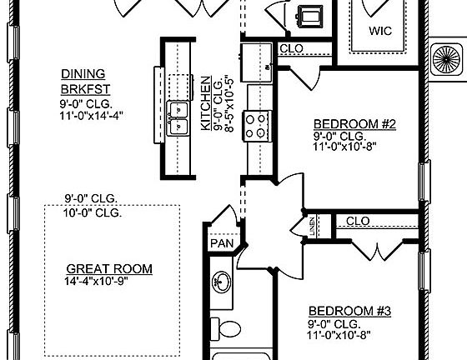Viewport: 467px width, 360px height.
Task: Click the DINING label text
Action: coord(80,72)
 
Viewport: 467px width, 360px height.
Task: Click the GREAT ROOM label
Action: coord(109,268)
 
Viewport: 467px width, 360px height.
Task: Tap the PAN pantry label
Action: coord(220,244)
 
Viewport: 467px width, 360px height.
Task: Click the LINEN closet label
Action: coord(312,225)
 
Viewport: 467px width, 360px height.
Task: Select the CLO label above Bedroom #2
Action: coord(291,49)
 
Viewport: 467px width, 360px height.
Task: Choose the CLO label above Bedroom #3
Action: coord(357,221)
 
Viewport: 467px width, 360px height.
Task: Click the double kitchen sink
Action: coord(178,117)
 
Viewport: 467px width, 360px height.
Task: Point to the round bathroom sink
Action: coord(223,281)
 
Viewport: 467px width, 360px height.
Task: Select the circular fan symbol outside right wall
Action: coord(444,59)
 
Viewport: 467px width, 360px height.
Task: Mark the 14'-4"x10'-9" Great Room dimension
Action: coord(109,282)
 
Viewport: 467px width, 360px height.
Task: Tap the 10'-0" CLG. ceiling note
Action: coord(93,212)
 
